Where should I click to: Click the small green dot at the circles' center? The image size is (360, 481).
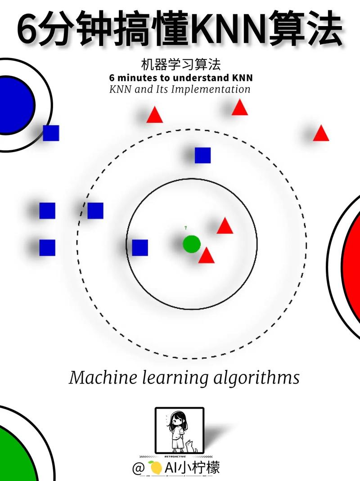click(191, 244)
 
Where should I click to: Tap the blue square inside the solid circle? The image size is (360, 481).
click(140, 247)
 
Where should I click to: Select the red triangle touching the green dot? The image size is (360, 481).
click(206, 256)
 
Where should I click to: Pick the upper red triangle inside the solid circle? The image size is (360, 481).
click(225, 226)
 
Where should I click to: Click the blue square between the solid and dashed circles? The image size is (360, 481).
click(202, 155)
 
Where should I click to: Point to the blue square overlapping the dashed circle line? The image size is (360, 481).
click(95, 211)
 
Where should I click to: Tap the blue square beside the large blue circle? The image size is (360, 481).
click(51, 133)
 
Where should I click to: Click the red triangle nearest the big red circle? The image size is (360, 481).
click(321, 134)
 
